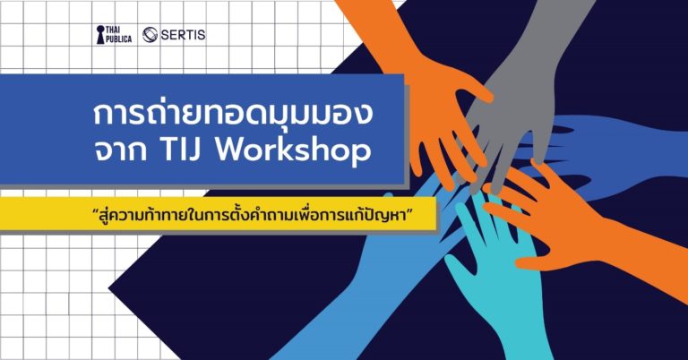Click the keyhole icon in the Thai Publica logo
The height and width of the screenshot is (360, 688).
[x=100, y=35]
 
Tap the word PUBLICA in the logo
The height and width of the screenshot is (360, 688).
[x=119, y=39]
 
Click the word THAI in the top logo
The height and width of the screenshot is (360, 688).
[x=113, y=30]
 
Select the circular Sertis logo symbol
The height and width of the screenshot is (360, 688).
[x=150, y=35]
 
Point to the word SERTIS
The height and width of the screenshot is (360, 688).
[x=183, y=35]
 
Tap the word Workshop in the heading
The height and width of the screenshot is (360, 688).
[x=295, y=151]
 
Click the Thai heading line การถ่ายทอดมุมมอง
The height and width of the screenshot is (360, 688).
[x=233, y=113]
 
